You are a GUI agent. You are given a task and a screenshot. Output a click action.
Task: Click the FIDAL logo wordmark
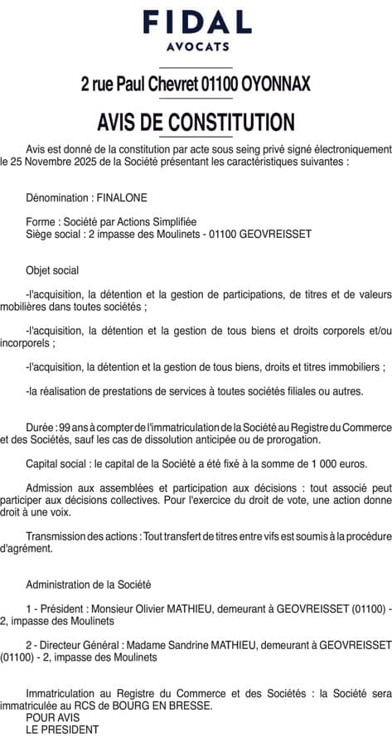click(x=196, y=22)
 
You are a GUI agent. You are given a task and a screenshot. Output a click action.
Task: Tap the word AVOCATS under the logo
click(x=196, y=46)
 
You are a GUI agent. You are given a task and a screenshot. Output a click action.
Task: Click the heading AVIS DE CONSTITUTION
click(x=196, y=123)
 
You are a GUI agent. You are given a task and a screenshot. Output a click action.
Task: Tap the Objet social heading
click(x=53, y=270)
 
